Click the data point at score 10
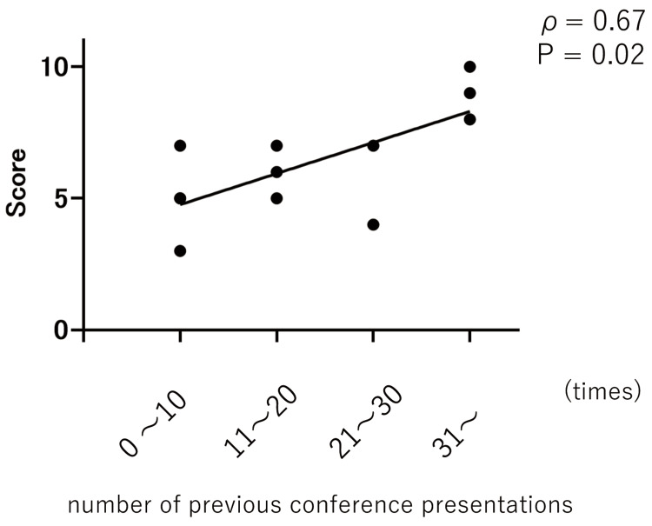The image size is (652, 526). [469, 67]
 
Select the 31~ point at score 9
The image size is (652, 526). [469, 93]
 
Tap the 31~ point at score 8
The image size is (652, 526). [469, 120]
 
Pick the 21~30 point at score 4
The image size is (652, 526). [373, 224]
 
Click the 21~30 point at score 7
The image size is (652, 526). [373, 145]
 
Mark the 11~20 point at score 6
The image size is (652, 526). [276, 172]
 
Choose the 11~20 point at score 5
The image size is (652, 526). [276, 198]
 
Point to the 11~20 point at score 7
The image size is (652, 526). [276, 145]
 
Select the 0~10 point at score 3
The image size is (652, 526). [180, 251]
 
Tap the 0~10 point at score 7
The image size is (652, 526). [180, 145]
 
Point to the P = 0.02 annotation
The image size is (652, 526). [591, 55]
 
